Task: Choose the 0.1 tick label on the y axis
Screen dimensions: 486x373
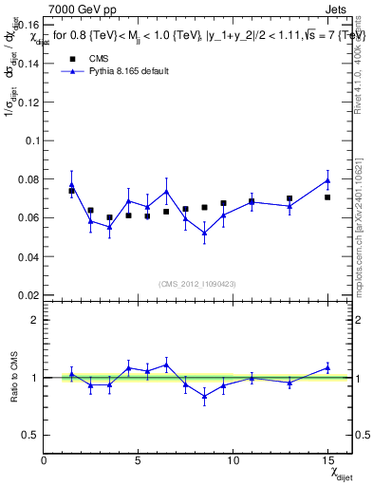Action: (x=31, y=140)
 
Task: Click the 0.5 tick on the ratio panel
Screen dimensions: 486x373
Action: (x=30, y=435)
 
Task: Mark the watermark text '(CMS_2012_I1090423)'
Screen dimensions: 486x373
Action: (x=196, y=283)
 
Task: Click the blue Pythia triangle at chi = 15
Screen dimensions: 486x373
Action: (x=326, y=180)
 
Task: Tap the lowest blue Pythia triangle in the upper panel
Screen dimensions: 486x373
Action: (x=204, y=233)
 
